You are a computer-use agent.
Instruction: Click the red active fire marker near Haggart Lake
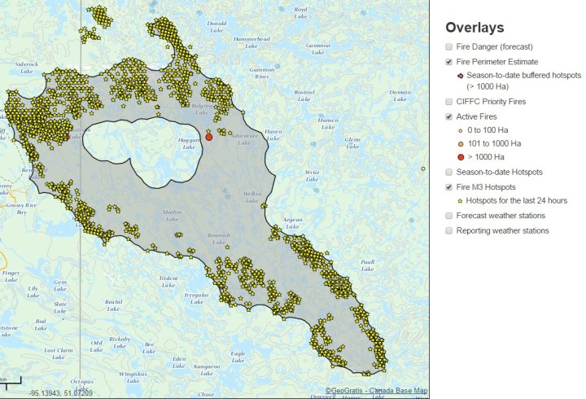click(209, 138)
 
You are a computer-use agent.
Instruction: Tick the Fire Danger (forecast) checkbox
click(450, 47)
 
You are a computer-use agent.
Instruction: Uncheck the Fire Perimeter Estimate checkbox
click(450, 62)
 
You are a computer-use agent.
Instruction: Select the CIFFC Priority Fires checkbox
click(450, 102)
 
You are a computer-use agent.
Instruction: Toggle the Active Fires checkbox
click(450, 117)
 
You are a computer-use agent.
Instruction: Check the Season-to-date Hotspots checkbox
click(450, 172)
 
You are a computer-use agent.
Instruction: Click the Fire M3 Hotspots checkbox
click(450, 187)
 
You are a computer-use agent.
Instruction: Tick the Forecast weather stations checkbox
click(450, 216)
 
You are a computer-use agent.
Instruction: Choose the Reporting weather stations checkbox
click(450, 230)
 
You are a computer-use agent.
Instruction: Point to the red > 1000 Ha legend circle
click(461, 156)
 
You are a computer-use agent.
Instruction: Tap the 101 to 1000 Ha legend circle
click(461, 143)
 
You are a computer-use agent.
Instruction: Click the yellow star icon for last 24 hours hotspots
click(461, 200)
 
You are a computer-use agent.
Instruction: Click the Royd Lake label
click(300, 11)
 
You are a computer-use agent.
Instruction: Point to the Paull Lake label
click(367, 265)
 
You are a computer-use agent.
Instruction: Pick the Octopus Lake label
click(82, 384)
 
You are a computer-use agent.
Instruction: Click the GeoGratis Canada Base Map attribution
click(376, 391)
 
